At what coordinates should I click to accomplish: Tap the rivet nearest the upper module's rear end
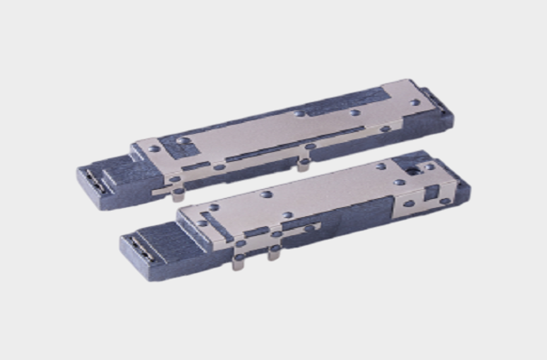pos(415,102)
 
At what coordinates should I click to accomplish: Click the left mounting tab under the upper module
pos(178,193)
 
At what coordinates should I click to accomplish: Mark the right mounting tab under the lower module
pos(271,254)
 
